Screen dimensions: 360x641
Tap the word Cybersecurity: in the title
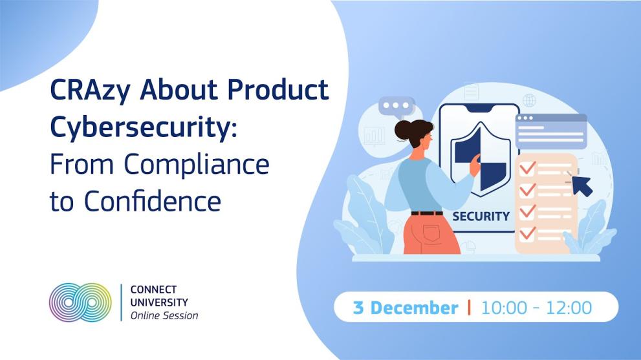click(144, 129)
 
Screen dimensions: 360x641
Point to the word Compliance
click(206, 165)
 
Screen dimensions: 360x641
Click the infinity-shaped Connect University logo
click(80, 302)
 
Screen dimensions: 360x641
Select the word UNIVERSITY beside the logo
click(159, 302)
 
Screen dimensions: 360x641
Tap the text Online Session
click(164, 316)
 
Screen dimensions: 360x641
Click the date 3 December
click(406, 308)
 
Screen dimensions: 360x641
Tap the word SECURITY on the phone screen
click(481, 216)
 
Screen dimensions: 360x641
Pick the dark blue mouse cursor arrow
click(581, 185)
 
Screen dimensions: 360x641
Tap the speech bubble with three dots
click(396, 107)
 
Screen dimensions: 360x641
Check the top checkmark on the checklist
click(528, 168)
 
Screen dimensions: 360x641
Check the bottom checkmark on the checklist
click(528, 231)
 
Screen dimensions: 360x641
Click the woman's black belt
click(427, 213)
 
